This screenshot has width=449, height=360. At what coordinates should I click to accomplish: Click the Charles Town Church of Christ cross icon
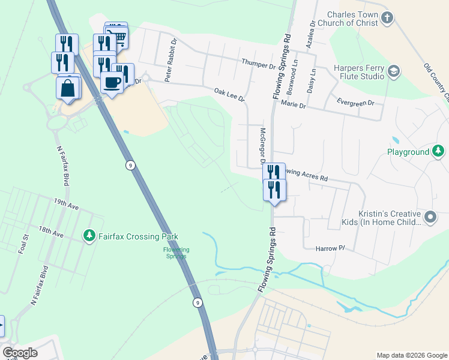(387, 17)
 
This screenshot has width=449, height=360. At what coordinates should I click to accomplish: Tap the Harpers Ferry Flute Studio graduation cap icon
(394, 71)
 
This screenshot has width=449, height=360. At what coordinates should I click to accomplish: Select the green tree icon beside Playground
(439, 151)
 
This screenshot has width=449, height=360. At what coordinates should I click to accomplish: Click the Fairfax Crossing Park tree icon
(89, 236)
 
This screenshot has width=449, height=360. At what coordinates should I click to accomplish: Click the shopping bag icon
(68, 88)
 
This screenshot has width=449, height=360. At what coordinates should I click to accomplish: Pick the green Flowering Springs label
(176, 253)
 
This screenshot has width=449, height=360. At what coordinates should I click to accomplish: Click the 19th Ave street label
(66, 205)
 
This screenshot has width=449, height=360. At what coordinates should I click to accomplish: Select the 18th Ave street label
(50, 230)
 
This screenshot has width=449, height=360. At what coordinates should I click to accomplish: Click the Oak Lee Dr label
(230, 94)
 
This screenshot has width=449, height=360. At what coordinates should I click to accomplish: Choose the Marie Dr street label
(294, 105)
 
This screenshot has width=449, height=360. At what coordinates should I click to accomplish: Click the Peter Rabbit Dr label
(171, 54)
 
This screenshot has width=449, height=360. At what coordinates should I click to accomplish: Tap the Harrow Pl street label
(331, 247)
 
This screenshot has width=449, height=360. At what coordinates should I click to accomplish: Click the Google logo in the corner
(20, 352)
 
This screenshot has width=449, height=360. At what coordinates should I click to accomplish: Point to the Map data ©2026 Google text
(411, 355)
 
